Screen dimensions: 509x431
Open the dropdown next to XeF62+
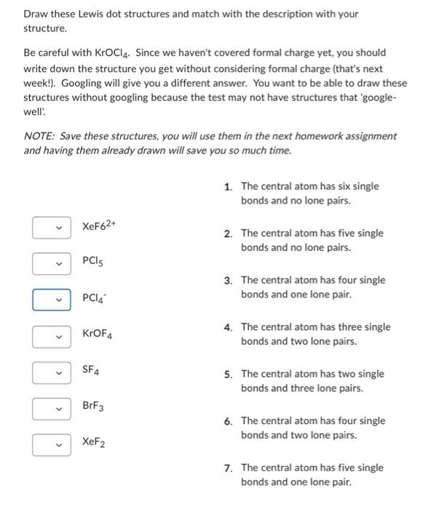[52, 228]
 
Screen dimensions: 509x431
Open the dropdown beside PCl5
[52, 263]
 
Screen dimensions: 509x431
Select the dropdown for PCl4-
[52, 299]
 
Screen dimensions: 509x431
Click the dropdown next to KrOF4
[52, 335]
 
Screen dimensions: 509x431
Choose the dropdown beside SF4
[52, 372]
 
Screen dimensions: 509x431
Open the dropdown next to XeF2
[52, 444]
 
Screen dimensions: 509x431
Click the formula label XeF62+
[100, 226]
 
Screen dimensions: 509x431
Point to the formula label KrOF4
[97, 334]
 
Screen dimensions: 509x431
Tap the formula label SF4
[91, 371]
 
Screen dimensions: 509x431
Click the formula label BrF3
[93, 406]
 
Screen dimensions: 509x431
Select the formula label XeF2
[93, 442]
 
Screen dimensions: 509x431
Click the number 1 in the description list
[229, 187]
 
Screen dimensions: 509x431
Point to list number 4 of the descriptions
[229, 327]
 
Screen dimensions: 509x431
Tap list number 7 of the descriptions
[229, 468]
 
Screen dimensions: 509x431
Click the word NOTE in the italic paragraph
[36, 136]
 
